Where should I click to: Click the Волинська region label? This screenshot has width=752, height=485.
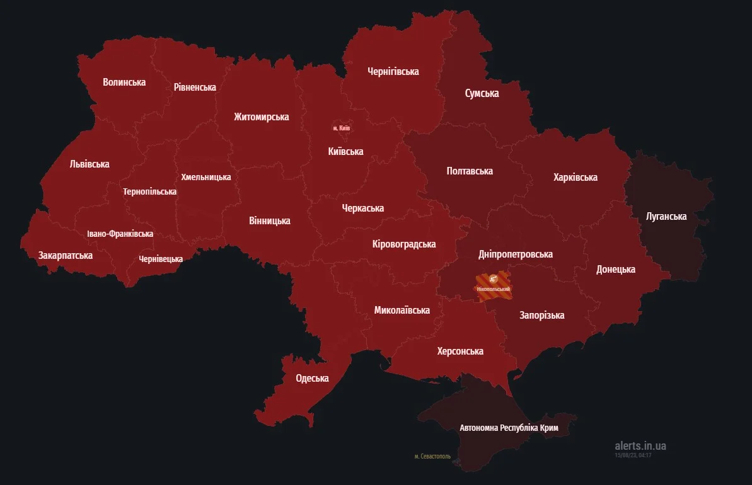[124, 82]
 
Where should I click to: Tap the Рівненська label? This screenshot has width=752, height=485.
[195, 87]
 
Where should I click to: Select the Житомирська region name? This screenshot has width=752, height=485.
[261, 117]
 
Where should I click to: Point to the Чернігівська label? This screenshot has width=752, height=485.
[393, 71]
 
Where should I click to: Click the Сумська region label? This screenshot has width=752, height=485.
[482, 93]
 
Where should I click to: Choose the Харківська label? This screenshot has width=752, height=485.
[575, 177]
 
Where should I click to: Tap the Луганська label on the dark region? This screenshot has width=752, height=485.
[666, 216]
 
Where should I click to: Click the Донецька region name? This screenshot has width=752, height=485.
[615, 269]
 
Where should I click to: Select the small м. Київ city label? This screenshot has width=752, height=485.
[342, 128]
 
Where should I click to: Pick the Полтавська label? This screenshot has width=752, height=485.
[469, 171]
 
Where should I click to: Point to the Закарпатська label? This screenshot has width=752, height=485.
[65, 255]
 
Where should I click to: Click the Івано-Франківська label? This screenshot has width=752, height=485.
[120, 234]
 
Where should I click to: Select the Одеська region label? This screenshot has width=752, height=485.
[312, 378]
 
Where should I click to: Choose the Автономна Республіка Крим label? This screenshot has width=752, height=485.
[509, 428]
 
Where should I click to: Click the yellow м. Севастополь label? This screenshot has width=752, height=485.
[432, 456]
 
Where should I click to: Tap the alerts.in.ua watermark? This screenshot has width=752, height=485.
[640, 445]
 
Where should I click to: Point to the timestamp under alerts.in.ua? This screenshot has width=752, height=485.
[633, 455]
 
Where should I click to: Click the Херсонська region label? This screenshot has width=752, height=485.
[460, 351]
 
